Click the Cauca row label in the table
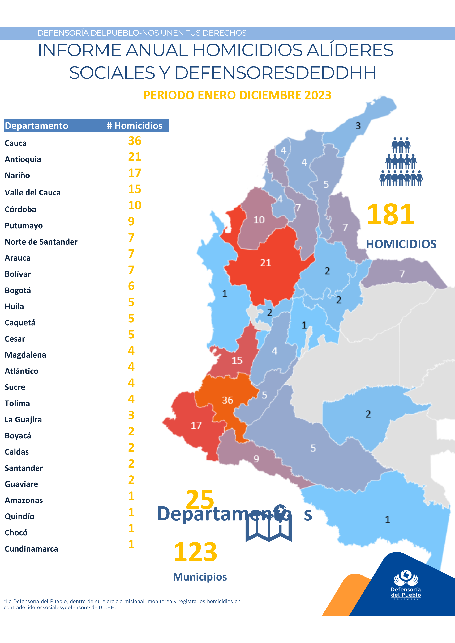(x=16, y=143)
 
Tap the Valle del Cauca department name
(x=32, y=193)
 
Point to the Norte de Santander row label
(x=41, y=242)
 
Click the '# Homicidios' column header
(x=135, y=125)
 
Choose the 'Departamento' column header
(x=36, y=125)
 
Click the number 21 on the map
(x=265, y=263)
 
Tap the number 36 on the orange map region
(x=227, y=400)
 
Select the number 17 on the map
(x=196, y=425)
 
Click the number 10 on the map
(x=259, y=220)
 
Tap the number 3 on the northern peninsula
(x=358, y=126)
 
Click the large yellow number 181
(x=391, y=214)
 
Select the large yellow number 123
(x=195, y=552)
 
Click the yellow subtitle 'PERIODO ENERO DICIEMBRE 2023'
(x=237, y=95)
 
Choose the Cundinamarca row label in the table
(x=31, y=549)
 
